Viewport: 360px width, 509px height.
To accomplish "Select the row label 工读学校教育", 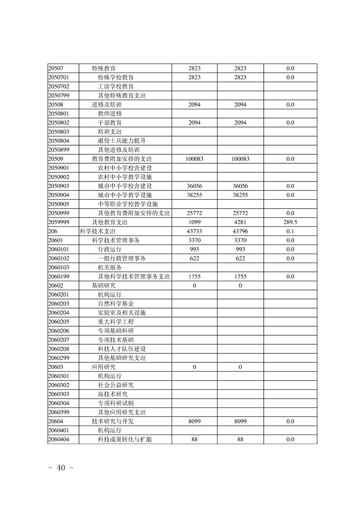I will click(116, 86).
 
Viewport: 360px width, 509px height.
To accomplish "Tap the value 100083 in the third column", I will click(194, 159).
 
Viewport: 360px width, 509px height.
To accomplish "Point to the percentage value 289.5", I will click(290, 222).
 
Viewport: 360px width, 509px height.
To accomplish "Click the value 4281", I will click(240, 222).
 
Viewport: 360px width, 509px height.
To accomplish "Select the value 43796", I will click(240, 231).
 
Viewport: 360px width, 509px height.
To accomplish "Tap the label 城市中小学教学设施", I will click(125, 195).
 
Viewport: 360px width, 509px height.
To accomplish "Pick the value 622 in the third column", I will click(194, 259).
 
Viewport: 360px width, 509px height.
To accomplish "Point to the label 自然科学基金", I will click(116, 303).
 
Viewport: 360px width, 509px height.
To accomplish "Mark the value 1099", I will click(194, 222).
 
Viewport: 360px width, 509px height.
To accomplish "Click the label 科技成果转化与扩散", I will click(125, 439).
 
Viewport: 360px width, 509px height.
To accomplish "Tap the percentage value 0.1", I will click(290, 231).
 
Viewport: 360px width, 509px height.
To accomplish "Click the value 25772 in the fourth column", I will click(240, 213).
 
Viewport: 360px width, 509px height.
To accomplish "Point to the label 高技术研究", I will click(113, 394).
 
